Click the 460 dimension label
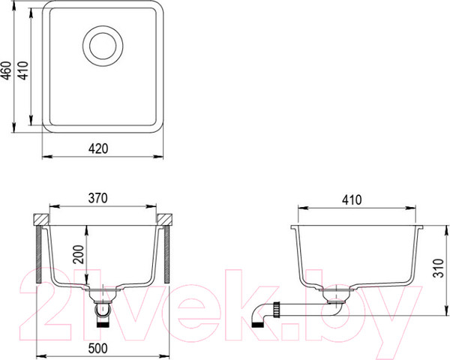[7, 70]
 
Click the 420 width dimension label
[98, 148]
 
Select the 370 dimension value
[97, 198]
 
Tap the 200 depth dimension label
[78, 255]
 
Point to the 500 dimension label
[97, 348]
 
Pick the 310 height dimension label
[438, 268]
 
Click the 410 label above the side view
[352, 200]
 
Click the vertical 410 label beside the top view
[23, 70]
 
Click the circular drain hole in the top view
[103, 46]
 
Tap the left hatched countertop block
[40, 219]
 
